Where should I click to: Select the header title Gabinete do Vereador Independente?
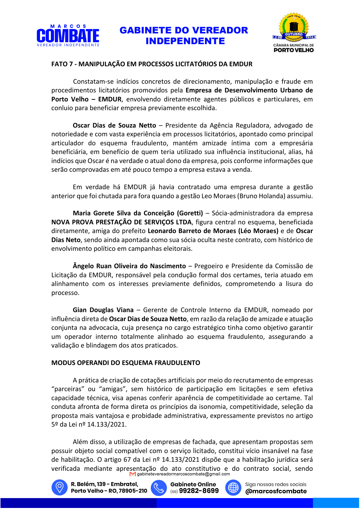[184, 35]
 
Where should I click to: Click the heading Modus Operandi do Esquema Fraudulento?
[126, 363]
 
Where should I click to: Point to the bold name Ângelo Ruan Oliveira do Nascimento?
[129, 266]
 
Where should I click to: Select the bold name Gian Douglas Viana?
[103, 310]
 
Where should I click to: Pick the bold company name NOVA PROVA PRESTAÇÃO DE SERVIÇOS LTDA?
[121, 222]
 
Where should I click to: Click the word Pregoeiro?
[208, 266]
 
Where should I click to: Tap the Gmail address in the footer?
[183, 474]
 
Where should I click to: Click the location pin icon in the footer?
[60, 487]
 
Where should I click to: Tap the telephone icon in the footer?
[159, 487]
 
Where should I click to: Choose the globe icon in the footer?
[233, 487]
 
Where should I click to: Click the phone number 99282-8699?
[199, 491]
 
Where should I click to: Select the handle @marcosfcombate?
[276, 491]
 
